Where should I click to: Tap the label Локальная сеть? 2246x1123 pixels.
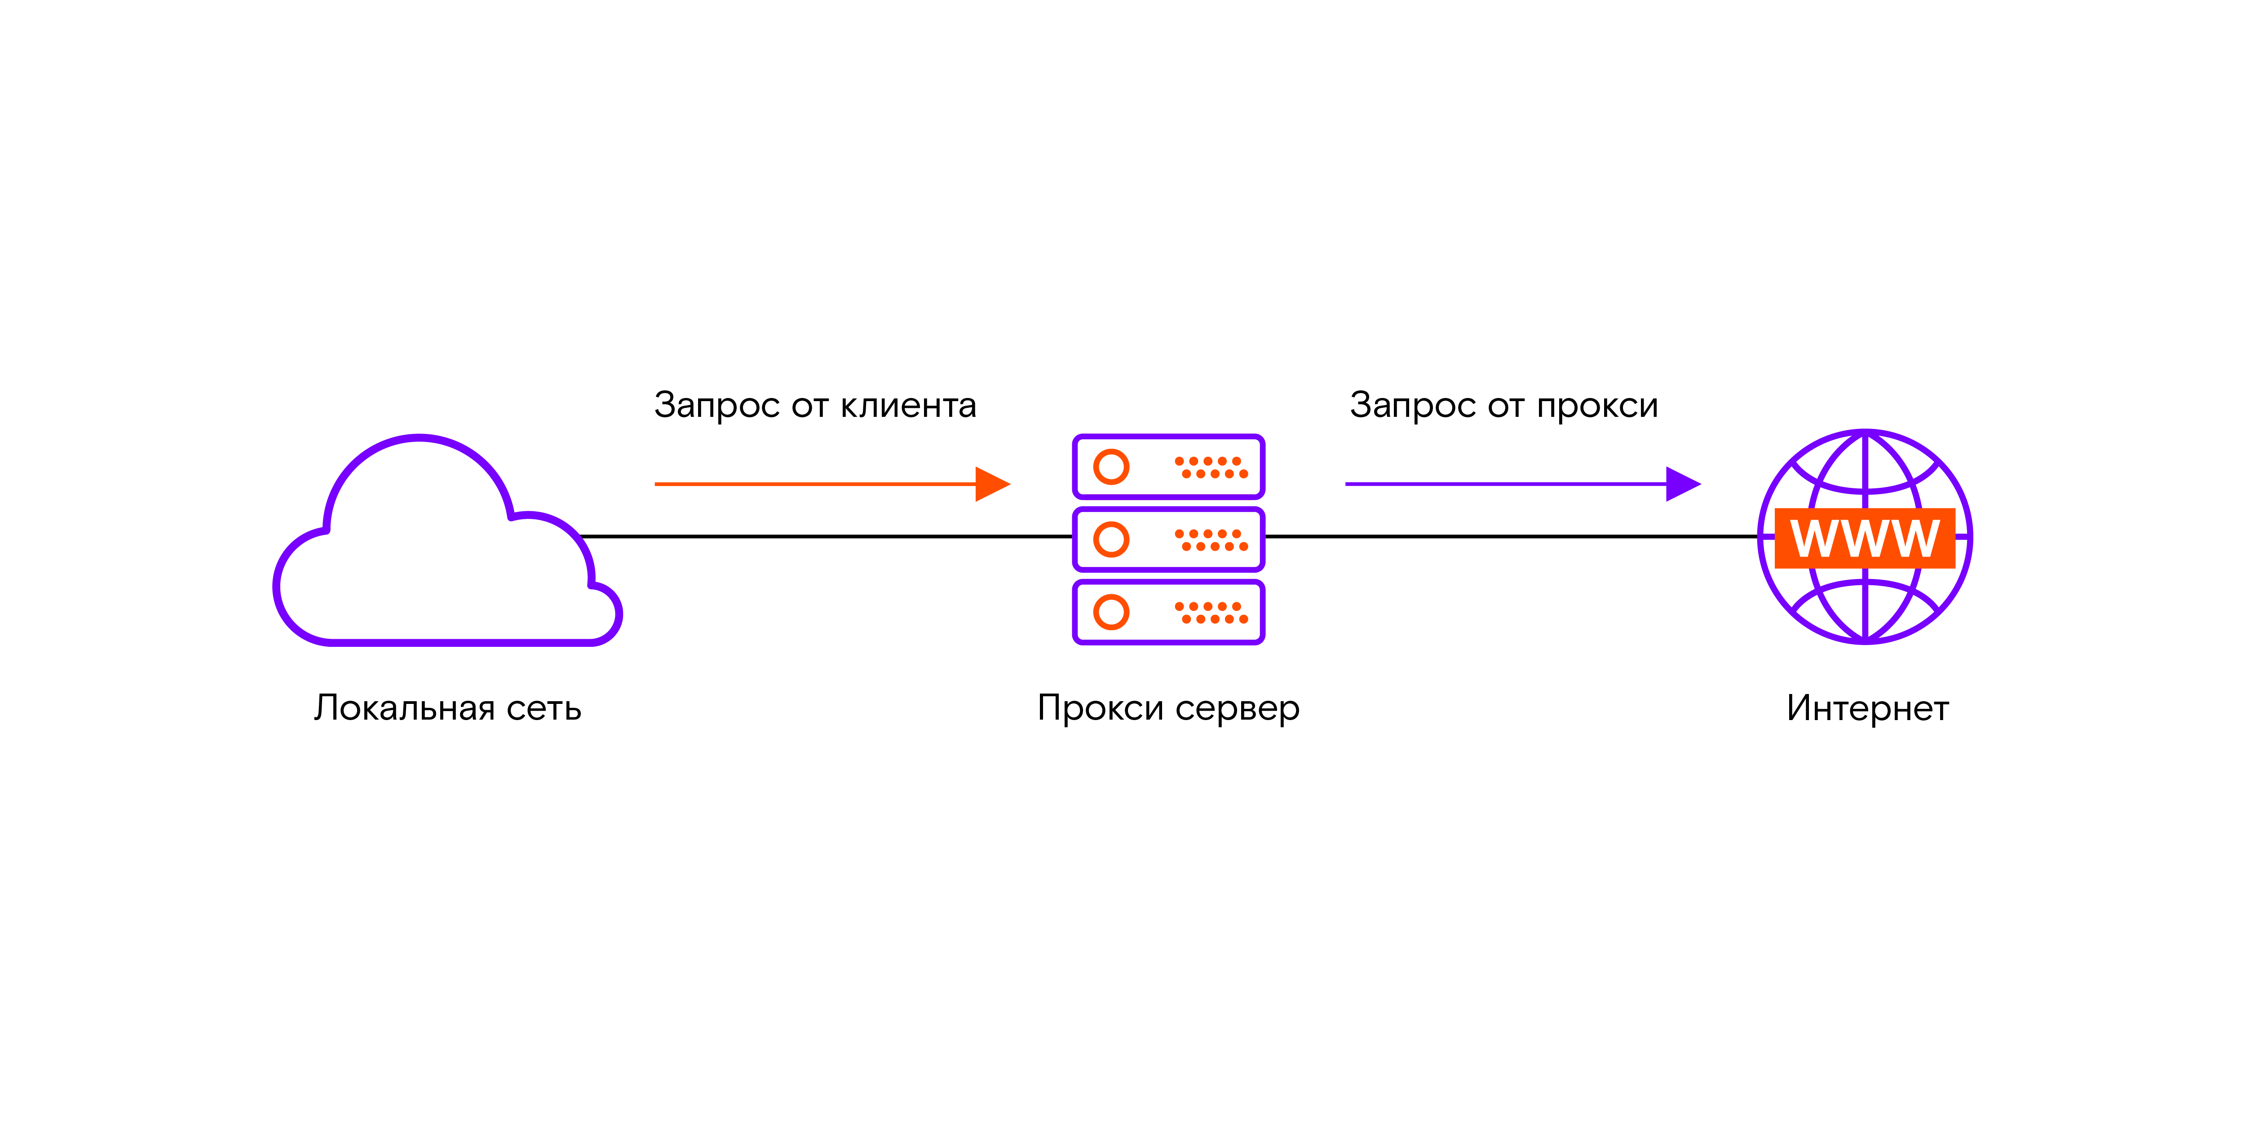[447, 708]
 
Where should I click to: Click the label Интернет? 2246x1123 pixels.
[1867, 708]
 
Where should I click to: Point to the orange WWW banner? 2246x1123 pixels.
[1865, 538]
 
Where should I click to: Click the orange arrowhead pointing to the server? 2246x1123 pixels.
[991, 484]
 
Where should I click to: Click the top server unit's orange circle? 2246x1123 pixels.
[1111, 466]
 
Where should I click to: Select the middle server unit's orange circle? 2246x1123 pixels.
[1111, 539]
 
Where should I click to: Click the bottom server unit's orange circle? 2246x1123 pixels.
[1111, 612]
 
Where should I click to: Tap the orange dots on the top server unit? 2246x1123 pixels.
[1211, 467]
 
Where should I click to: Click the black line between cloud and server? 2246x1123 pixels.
[828, 536]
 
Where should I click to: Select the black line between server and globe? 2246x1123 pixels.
[1508, 536]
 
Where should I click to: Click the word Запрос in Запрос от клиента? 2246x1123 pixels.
[716, 406]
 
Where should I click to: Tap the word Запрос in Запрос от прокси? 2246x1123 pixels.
[1412, 406]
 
